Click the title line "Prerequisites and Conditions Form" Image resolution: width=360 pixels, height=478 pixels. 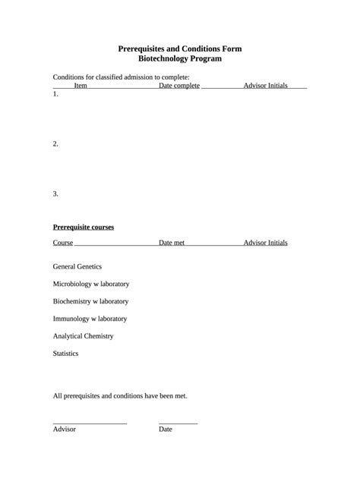[x=180, y=49]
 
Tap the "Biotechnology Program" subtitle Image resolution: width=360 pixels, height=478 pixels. [x=180, y=58]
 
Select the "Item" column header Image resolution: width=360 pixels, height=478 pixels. [x=81, y=86]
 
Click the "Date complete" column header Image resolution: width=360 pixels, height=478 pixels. [x=179, y=86]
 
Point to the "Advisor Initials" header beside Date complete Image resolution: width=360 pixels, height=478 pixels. [x=265, y=86]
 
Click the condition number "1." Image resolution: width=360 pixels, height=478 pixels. [x=55, y=95]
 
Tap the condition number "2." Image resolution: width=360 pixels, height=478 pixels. [x=55, y=143]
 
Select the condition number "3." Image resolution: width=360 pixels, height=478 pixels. [x=55, y=193]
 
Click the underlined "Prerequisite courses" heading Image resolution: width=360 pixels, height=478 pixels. [x=83, y=227]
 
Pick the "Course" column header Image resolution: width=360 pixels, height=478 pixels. [x=63, y=243]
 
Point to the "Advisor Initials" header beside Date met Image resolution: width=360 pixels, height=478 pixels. [x=265, y=243]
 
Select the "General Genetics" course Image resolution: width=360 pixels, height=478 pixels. [x=77, y=266]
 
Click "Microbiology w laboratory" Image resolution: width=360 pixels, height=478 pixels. [x=90, y=284]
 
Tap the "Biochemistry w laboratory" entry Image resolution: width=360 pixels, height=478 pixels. [x=90, y=301]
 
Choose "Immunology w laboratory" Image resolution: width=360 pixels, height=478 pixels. [x=90, y=319]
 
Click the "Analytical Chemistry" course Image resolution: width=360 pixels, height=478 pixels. [x=83, y=336]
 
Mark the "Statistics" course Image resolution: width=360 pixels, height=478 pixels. [x=65, y=354]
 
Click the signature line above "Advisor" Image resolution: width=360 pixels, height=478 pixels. [x=90, y=423]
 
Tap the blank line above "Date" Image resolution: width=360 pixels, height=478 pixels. [x=178, y=423]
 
